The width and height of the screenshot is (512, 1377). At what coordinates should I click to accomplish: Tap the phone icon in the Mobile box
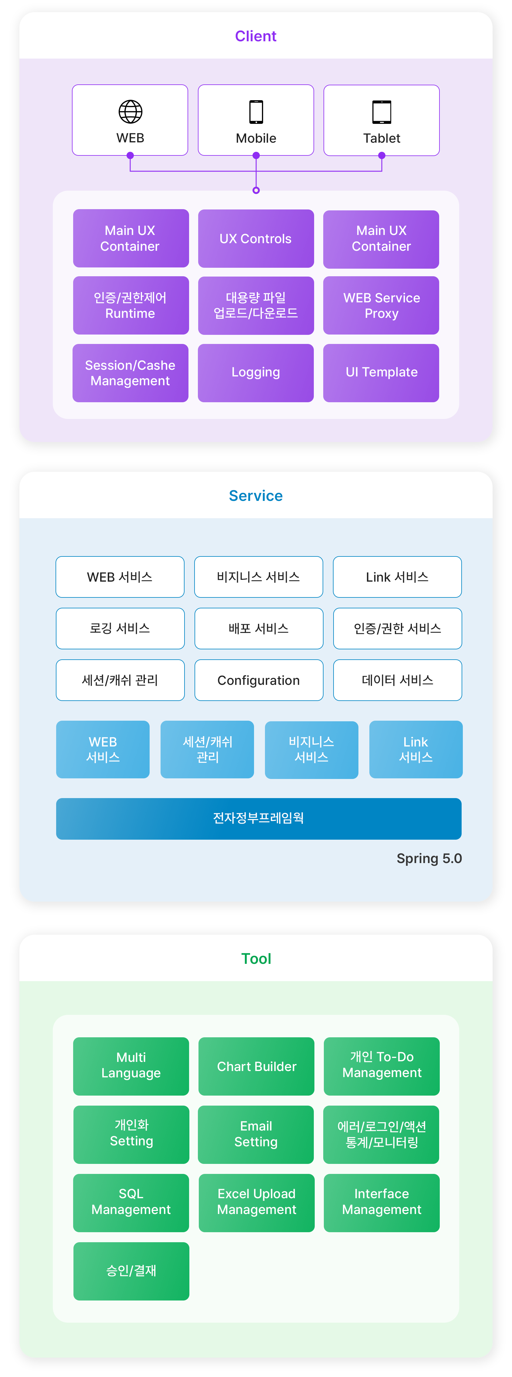256,112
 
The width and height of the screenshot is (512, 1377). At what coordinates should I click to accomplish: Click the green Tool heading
256,958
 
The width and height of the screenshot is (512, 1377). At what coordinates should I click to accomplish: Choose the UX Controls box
256,238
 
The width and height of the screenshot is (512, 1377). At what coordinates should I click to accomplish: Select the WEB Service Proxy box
381,305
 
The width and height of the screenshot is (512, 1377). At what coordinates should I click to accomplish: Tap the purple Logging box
256,372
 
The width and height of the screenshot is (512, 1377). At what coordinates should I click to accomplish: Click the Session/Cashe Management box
131,372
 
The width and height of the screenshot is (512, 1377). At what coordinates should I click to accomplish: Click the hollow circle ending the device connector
256,190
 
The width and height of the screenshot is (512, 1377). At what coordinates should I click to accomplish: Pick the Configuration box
259,680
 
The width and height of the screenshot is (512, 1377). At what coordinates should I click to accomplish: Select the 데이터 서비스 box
397,680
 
